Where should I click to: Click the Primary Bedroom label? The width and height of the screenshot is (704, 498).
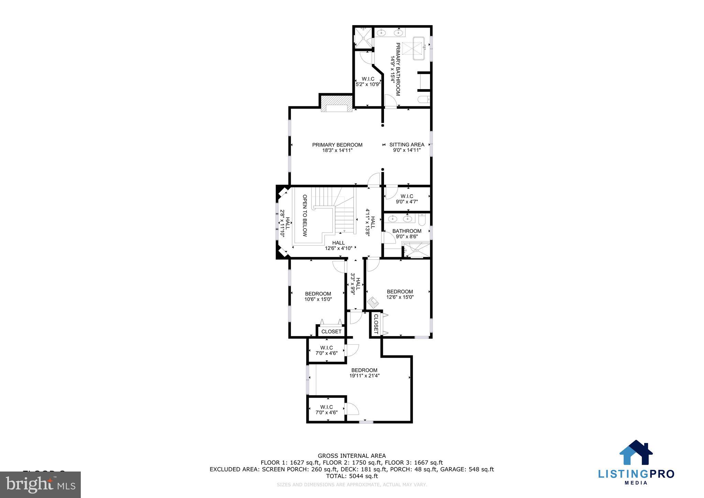337,145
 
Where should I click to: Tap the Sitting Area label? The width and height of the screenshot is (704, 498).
407,145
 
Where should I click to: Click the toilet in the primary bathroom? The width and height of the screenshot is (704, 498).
423,100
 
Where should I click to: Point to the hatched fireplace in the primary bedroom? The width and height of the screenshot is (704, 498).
337,104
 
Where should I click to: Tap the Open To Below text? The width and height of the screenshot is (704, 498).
305,216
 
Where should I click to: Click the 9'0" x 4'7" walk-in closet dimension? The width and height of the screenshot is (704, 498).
407,202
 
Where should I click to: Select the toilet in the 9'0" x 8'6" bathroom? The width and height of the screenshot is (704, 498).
423,219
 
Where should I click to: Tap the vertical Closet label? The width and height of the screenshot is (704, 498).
376,324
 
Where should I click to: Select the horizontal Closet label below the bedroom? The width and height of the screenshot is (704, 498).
331,332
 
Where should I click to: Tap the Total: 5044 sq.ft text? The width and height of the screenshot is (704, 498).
352,476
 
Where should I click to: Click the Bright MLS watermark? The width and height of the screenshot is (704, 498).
41,485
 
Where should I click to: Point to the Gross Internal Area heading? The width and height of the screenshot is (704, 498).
352,456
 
